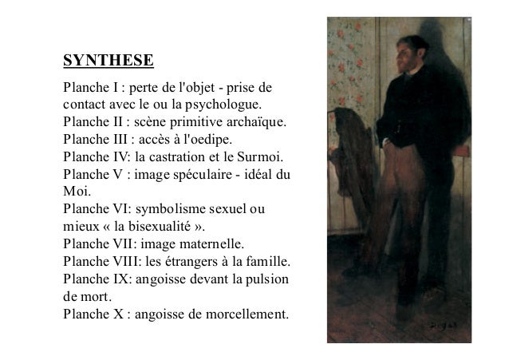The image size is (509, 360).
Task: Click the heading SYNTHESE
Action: pyautogui.click(x=109, y=61)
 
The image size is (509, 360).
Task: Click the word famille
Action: pyautogui.click(x=269, y=263)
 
